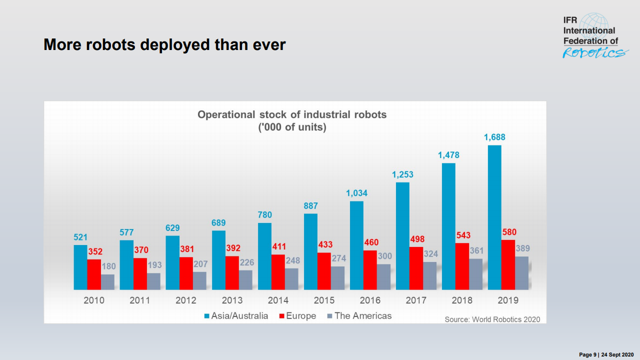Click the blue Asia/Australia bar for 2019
click(x=494, y=217)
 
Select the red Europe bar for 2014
click(x=278, y=272)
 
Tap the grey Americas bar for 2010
click(x=107, y=282)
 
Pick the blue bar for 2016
click(x=356, y=245)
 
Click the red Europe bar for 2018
click(x=462, y=266)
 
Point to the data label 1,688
click(x=494, y=137)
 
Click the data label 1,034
click(x=356, y=193)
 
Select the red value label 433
click(x=324, y=245)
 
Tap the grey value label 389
click(x=522, y=248)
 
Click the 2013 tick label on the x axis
click(x=232, y=300)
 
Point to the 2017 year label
click(x=416, y=300)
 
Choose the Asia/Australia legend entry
click(x=236, y=316)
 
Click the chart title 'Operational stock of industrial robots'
click(x=292, y=114)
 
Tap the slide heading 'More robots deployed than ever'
click(x=164, y=44)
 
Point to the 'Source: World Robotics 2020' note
click(x=492, y=319)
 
